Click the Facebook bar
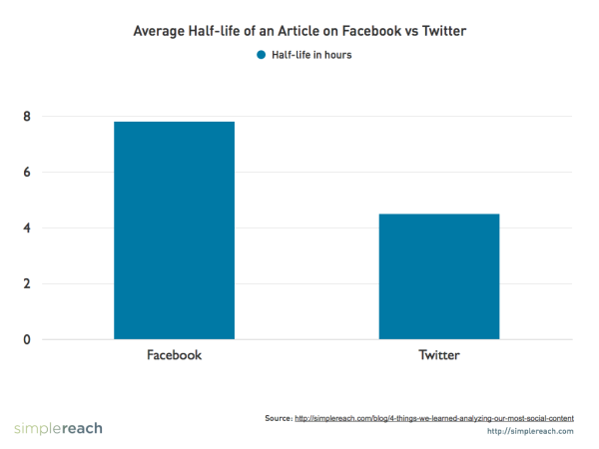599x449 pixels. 175,230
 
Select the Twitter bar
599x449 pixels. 439,276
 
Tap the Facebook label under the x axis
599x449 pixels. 175,355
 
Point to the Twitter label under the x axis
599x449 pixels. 439,355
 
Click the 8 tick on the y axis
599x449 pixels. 28,117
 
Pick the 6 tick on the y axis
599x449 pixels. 28,173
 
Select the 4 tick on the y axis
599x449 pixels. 28,228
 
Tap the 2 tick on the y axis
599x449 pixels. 28,284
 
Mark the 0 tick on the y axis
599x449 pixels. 28,340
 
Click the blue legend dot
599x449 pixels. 262,55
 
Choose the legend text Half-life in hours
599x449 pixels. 311,55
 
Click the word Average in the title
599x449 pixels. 163,32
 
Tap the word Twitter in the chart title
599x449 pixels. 442,32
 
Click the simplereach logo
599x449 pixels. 58,428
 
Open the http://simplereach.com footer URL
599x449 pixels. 530,431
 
